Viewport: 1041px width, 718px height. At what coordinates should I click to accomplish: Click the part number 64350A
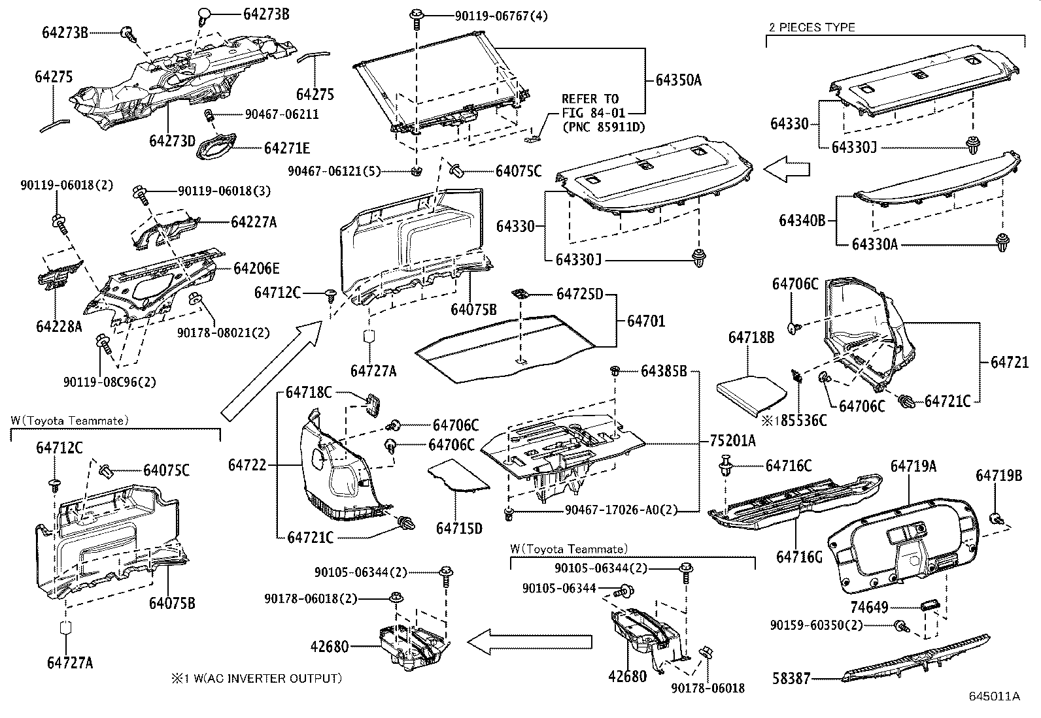pyautogui.click(x=678, y=80)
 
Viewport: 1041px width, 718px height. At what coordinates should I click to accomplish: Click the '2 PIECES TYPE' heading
pyautogui.click(x=810, y=27)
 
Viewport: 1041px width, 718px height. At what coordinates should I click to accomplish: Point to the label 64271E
pyautogui.click(x=287, y=148)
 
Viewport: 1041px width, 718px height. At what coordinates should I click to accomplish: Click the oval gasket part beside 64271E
pyautogui.click(x=218, y=146)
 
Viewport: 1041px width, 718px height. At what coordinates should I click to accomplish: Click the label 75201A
pyautogui.click(x=732, y=441)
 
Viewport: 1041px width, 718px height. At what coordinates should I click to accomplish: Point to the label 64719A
pyautogui.click(x=913, y=466)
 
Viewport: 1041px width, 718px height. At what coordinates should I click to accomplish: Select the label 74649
pyautogui.click(x=869, y=608)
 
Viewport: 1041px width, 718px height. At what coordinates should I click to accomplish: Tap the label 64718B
pyautogui.click(x=751, y=337)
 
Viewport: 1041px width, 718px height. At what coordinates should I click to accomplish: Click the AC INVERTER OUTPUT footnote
pyautogui.click(x=256, y=678)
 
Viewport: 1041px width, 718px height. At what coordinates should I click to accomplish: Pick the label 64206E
pyautogui.click(x=256, y=269)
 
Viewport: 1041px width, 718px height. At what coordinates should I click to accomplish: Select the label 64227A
pyautogui.click(x=253, y=222)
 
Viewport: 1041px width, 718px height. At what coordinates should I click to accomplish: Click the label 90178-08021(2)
pyautogui.click(x=222, y=333)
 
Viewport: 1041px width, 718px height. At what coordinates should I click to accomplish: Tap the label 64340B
pyautogui.click(x=801, y=220)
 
